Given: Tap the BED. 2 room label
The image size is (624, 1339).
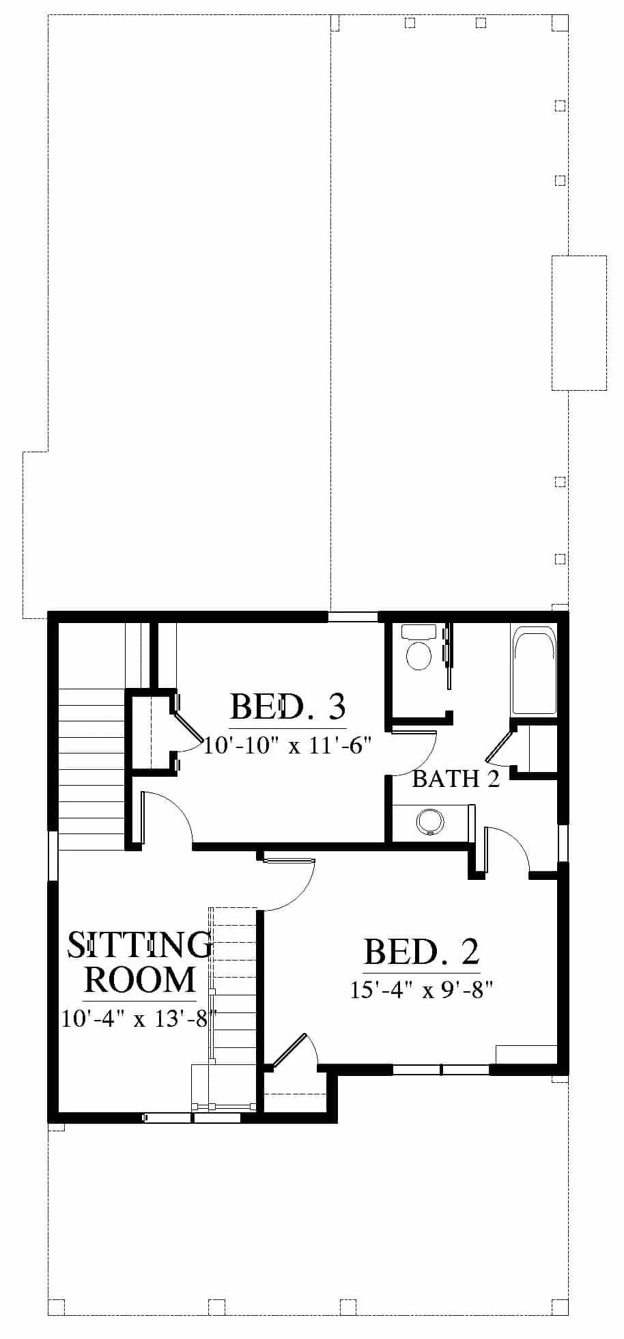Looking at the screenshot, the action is pyautogui.click(x=421, y=951).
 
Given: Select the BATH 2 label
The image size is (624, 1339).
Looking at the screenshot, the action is pyautogui.click(x=456, y=778).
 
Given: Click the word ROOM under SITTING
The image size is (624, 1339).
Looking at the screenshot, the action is pyautogui.click(x=140, y=979).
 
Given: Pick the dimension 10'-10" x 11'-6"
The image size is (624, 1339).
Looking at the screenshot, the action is pyautogui.click(x=287, y=745).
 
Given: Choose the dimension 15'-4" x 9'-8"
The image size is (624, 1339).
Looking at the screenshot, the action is pyautogui.click(x=421, y=989).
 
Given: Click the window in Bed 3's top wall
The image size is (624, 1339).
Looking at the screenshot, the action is pyautogui.click(x=352, y=617).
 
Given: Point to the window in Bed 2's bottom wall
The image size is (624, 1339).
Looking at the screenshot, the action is pyautogui.click(x=441, y=1070).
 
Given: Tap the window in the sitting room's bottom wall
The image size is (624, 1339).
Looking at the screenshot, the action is pyautogui.click(x=193, y=1118).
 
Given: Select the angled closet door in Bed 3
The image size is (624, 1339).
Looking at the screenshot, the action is pyautogui.click(x=186, y=726).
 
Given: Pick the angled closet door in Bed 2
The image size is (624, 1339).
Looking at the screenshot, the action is pyautogui.click(x=289, y=1052).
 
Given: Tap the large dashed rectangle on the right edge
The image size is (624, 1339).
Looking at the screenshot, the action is pyautogui.click(x=579, y=322).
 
